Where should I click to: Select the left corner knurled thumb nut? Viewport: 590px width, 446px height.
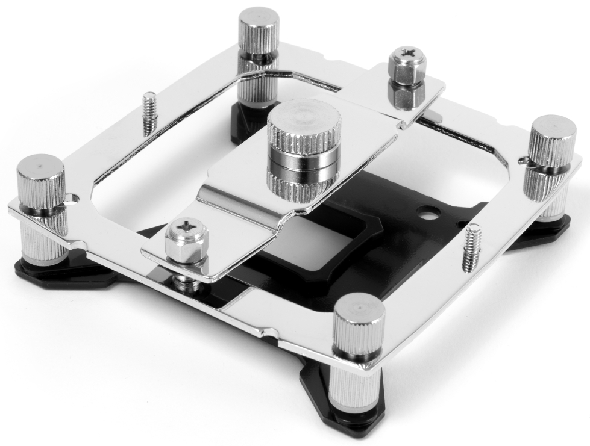(40, 181)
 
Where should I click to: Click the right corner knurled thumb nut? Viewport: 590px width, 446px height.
(552, 141)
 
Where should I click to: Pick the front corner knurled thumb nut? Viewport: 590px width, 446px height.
(359, 325)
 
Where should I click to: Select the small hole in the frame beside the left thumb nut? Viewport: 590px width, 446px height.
(72, 197)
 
